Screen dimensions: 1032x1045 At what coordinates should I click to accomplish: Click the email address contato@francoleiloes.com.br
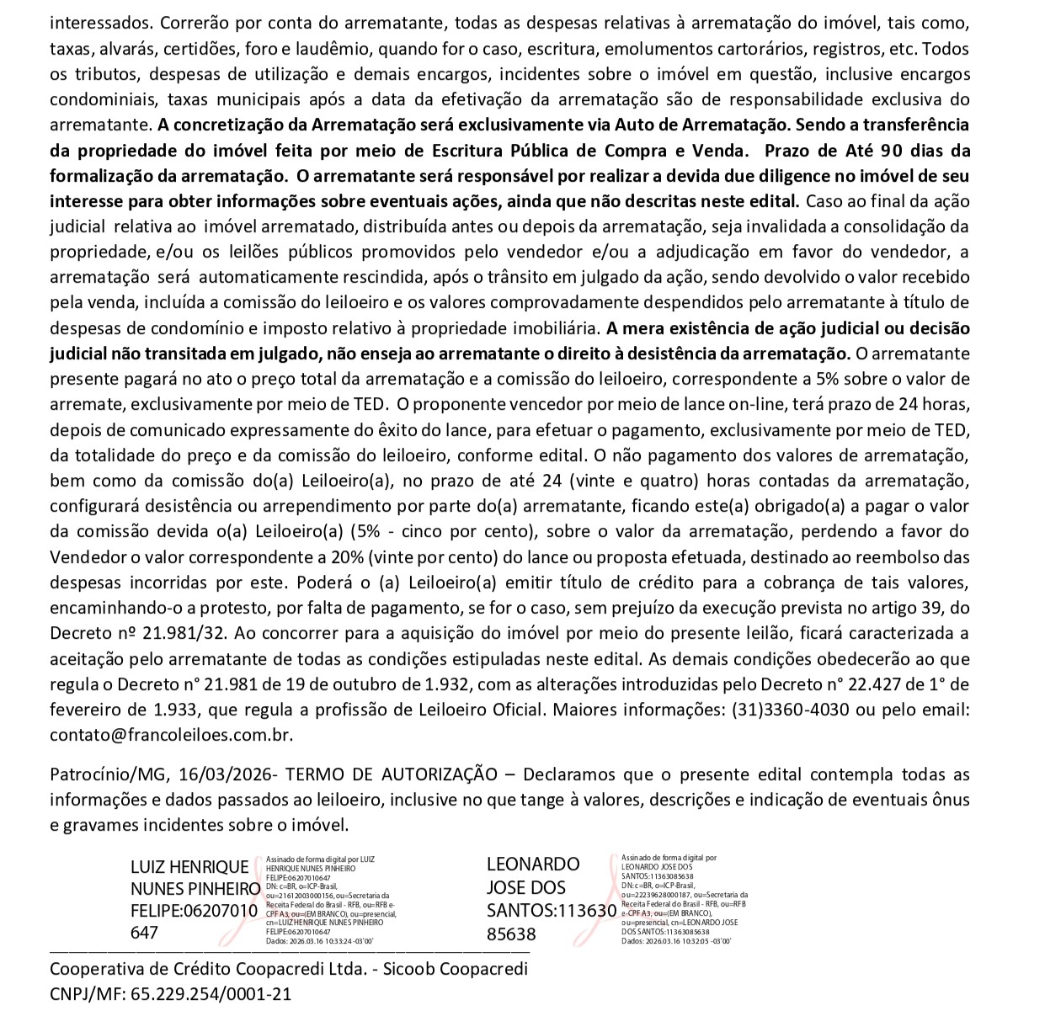pos(171,733)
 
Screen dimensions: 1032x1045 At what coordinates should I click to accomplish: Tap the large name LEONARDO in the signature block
pos(533,864)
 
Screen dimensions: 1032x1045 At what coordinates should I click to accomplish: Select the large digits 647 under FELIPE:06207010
pos(145,934)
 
